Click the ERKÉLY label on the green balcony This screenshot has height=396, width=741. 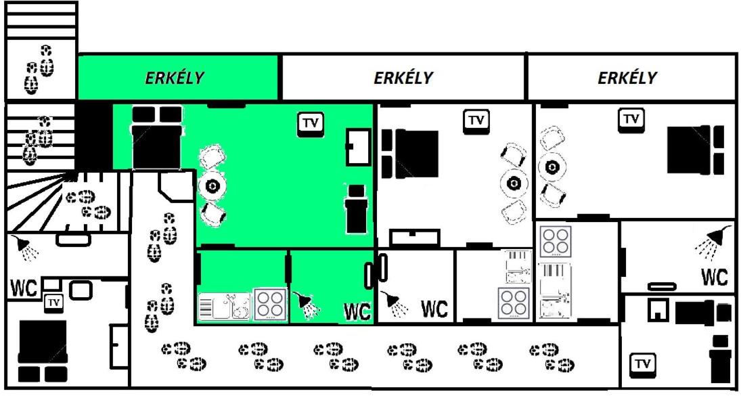coord(174,77)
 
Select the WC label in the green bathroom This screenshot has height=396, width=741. coord(357,312)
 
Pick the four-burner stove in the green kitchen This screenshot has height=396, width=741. coord(270,305)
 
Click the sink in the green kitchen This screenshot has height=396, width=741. coord(225,307)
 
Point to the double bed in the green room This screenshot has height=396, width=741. coord(157,137)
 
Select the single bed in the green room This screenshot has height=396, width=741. coord(357,209)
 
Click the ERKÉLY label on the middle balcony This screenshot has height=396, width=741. coord(403,77)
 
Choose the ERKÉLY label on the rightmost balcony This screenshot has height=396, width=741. coord(627,77)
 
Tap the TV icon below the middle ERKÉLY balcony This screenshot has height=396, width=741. coord(476,121)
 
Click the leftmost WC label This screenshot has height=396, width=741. coord(24,288)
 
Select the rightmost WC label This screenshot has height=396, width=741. coord(715,278)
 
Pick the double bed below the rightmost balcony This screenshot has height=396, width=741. coord(696,149)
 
